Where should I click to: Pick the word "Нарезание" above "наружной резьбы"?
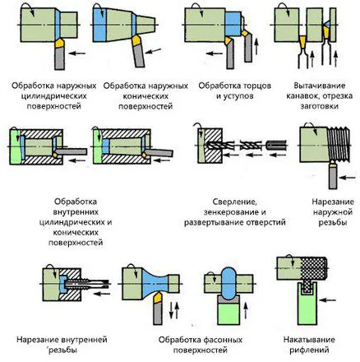click(333, 202)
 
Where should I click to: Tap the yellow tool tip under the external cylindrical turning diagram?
click(60, 44)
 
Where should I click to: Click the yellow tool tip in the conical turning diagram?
click(136, 40)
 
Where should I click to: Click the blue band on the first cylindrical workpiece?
click(57, 25)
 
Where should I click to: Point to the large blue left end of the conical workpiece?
click(99, 25)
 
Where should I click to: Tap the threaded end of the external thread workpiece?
click(339, 144)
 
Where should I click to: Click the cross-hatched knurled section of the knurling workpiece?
click(313, 267)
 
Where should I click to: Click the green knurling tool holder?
click(307, 307)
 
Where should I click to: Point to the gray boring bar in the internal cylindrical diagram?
click(72, 151)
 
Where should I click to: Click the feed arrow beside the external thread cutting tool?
click(347, 178)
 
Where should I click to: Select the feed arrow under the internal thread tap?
click(102, 294)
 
